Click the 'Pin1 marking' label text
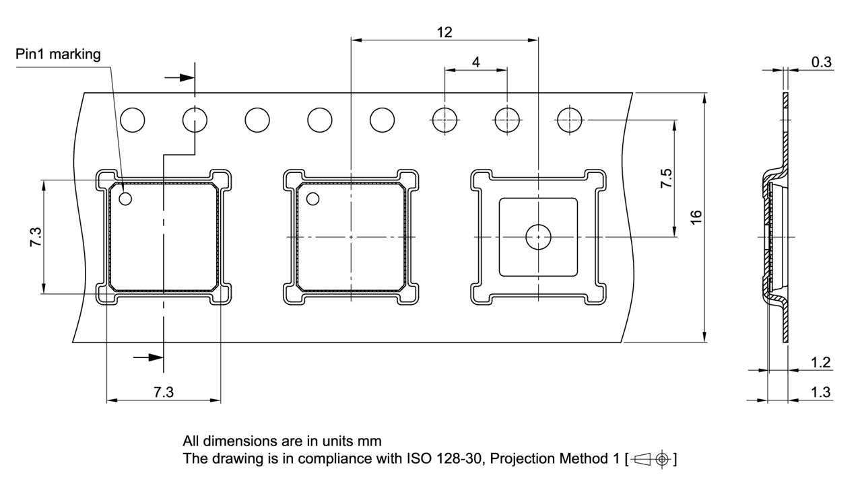click(58, 55)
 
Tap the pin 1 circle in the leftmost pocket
click(125, 199)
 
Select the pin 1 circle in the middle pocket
click(312, 199)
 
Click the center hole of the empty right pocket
click(539, 237)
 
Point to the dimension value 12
click(444, 32)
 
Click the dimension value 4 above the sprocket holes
click(476, 62)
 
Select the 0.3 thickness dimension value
click(821, 63)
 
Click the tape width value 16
click(696, 217)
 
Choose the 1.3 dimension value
click(820, 392)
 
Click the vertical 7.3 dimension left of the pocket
click(36, 237)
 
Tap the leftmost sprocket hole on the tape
click(133, 120)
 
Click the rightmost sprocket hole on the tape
click(570, 120)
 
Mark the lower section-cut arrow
click(148, 357)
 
